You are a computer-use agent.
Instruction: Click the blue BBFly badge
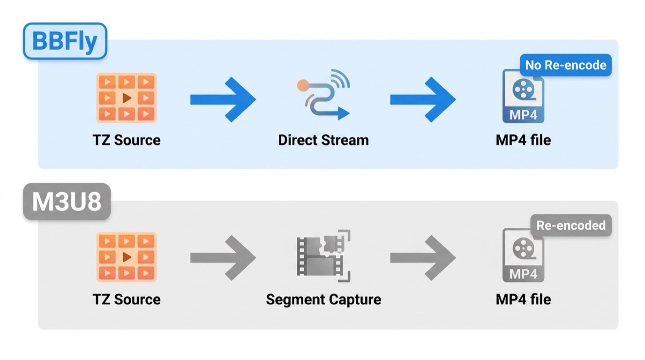65,41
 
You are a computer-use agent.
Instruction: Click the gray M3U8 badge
67,202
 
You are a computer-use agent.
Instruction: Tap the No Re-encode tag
566,65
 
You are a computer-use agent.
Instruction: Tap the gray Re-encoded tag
571,225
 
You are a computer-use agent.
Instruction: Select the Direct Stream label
323,140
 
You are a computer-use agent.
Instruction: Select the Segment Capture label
323,300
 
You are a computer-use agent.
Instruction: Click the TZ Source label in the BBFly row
127,140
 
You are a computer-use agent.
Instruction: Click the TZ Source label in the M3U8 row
127,300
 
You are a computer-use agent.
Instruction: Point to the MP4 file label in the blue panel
523,140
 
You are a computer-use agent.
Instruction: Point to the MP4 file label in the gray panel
523,300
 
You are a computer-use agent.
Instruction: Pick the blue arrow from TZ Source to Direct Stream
223,100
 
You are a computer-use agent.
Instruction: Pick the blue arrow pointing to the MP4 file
423,100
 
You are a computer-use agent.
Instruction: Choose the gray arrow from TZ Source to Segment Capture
223,258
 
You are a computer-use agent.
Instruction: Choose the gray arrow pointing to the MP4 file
423,258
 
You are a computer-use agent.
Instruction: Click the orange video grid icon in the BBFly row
127,98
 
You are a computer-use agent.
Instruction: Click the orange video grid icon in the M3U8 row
127,257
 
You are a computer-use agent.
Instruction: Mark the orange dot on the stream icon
303,85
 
